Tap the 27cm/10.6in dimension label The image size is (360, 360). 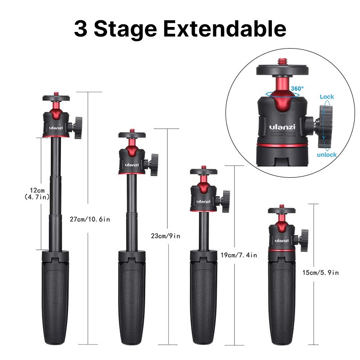click(x=90, y=220)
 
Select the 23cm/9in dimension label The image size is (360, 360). click(x=166, y=235)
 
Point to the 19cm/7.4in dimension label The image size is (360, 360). click(x=239, y=255)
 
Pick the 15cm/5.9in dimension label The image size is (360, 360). click(x=320, y=272)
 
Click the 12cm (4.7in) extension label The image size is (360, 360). click(x=37, y=193)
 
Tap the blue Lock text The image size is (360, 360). click(x=327, y=97)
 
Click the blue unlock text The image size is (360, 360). click(x=326, y=154)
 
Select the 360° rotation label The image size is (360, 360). click(x=297, y=89)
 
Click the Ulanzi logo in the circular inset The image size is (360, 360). click(x=282, y=127)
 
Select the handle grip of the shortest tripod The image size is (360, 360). click(x=282, y=306)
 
